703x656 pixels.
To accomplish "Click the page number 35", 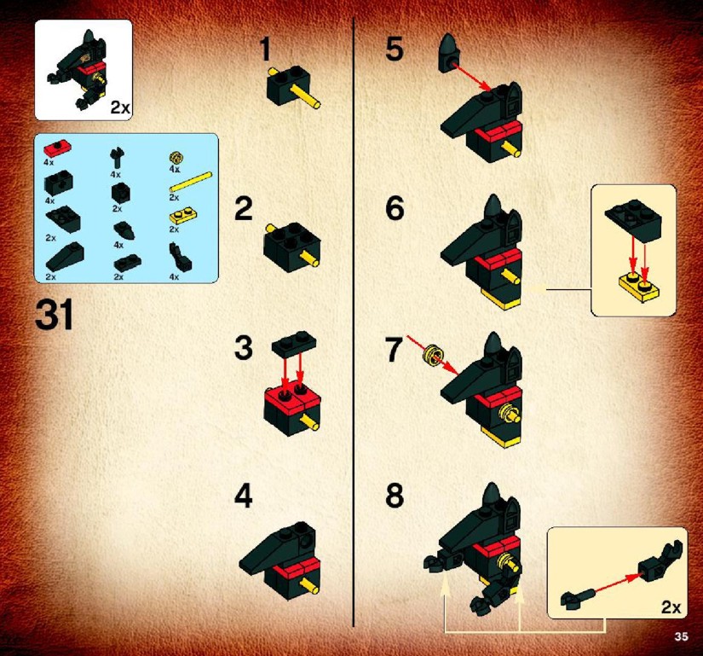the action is (681, 636).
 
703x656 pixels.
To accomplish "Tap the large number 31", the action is (54, 315).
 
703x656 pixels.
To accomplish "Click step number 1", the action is (265, 49).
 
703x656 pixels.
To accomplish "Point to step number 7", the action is (394, 350).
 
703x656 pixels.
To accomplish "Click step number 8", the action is (395, 496).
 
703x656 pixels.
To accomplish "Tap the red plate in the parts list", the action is (56, 148).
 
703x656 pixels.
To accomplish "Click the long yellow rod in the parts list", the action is (190, 183).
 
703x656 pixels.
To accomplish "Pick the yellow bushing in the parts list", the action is (176, 158).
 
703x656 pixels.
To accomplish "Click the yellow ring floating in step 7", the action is (432, 355).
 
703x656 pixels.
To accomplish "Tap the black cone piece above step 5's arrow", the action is (449, 52).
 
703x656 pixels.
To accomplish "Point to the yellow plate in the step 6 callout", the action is (639, 287).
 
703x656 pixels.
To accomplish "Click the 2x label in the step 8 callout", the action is (671, 607).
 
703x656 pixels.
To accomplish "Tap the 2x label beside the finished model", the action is (120, 107).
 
